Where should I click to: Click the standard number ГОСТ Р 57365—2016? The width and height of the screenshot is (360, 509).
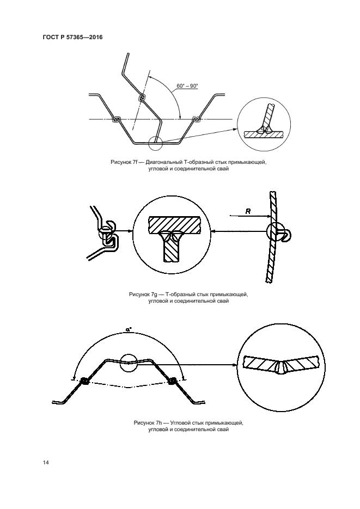pos(73,38)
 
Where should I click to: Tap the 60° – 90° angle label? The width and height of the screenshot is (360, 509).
pos(187,86)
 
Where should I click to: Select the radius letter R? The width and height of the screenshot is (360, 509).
pos(248,211)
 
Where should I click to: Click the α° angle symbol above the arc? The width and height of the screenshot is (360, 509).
pos(129,329)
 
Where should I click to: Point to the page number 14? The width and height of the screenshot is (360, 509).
pos(46,462)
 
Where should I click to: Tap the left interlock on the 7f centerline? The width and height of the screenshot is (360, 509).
pos(116,119)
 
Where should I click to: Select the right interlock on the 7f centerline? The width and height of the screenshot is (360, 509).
pos(196,119)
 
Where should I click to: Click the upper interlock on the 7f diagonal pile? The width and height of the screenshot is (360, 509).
pos(142,98)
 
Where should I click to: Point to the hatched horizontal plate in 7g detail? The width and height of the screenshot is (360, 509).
pos(175,224)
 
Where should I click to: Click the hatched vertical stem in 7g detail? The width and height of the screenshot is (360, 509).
pos(172,249)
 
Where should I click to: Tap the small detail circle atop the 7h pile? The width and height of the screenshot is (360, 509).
pos(129,363)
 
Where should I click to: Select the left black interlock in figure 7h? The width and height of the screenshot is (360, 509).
pos(84,381)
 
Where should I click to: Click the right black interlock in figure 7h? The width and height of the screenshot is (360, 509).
pos(172,381)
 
